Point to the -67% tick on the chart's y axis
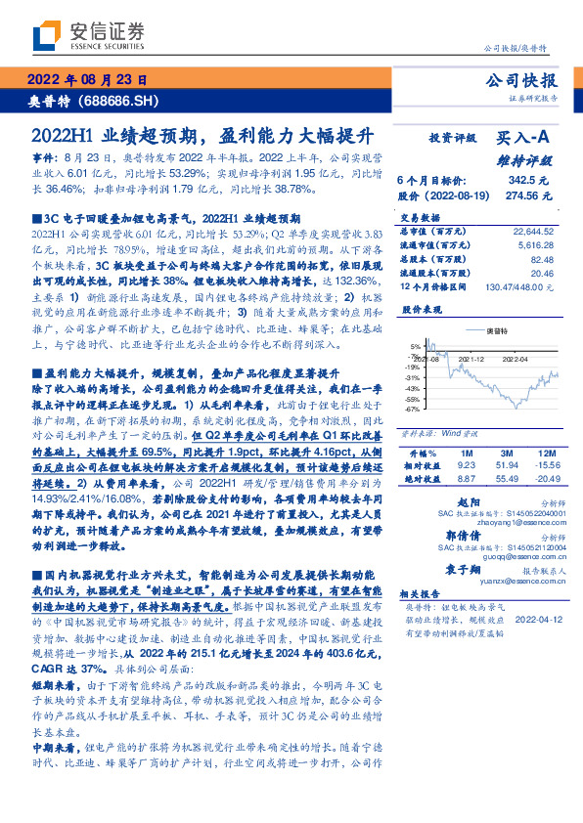click(414, 410)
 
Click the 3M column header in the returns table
click(506, 455)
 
